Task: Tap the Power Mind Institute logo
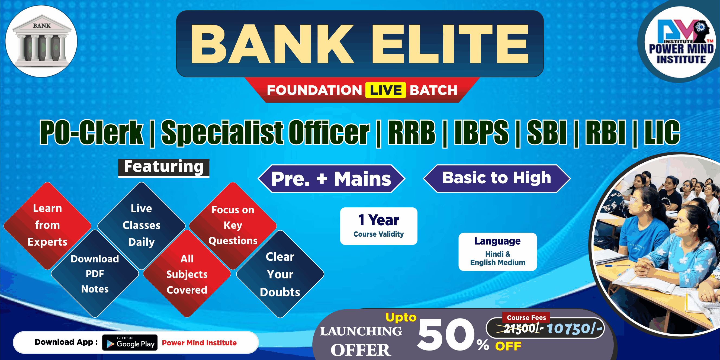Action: [681, 42]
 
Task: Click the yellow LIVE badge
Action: [386, 90]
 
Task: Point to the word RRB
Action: [412, 132]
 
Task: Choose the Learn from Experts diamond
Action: [47, 226]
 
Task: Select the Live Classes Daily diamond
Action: [142, 226]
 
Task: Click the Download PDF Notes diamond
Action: [95, 274]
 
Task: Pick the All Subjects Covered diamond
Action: [187, 274]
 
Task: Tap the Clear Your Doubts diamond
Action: [280, 274]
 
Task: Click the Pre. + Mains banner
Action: [331, 179]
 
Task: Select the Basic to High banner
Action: [497, 178]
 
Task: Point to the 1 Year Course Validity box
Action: [379, 226]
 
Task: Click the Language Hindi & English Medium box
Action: [497, 252]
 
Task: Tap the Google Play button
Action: [130, 342]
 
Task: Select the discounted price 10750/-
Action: [575, 328]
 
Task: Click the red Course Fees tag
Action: [526, 317]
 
